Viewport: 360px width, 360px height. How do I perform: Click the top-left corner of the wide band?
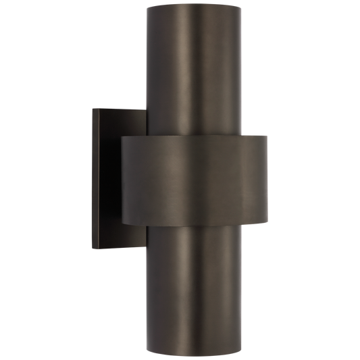click(x=122, y=137)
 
